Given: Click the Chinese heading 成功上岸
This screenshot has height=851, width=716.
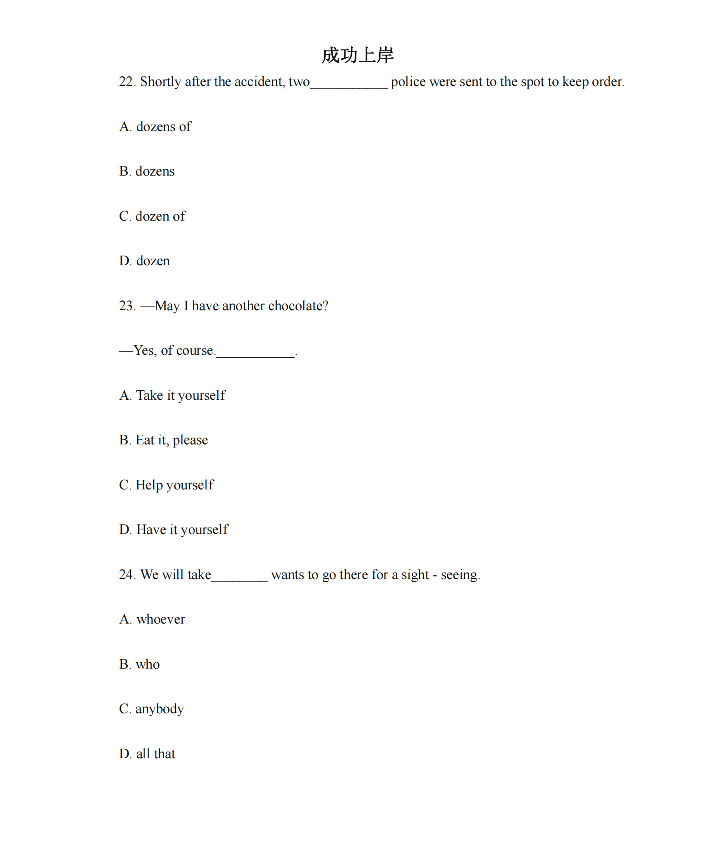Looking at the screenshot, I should click(357, 55).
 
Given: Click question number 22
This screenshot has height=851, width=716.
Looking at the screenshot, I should click(126, 81).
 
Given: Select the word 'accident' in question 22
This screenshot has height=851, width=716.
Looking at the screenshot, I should click(259, 81).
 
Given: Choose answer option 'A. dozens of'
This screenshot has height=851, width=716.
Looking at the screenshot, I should click(155, 126).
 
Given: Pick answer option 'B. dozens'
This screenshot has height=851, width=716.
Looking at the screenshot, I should click(146, 171).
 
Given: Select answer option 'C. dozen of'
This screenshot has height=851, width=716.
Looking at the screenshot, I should click(152, 216).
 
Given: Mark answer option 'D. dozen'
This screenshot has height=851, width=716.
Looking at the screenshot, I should click(144, 261).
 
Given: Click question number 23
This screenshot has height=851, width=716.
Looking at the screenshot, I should click(126, 306).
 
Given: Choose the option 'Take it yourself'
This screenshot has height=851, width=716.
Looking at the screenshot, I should click(180, 395).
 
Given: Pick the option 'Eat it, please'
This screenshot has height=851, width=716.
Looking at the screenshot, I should click(171, 440).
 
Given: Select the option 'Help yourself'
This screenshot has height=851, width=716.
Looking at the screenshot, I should click(174, 485).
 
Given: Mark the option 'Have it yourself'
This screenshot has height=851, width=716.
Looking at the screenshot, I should click(182, 530).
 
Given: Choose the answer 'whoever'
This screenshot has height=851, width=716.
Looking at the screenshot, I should click(160, 619).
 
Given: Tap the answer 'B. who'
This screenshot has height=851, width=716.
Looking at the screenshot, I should click(139, 665).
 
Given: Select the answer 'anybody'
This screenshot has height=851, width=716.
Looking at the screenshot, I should click(160, 709).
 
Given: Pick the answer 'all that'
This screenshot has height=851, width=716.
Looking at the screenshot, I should click(155, 754).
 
